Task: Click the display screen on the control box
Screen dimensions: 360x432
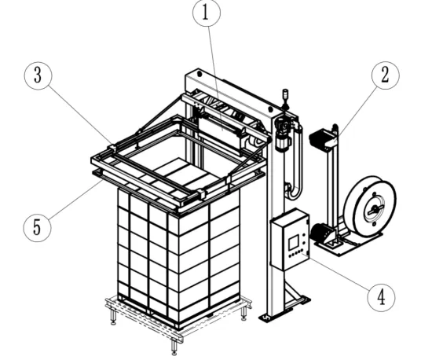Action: click(x=295, y=241)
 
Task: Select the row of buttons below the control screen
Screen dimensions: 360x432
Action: click(x=295, y=254)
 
